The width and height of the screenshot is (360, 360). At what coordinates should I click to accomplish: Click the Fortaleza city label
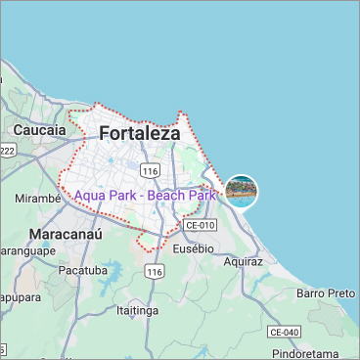pyautogui.click(x=140, y=133)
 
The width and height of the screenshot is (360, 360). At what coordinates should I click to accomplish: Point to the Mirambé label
pyautogui.click(x=39, y=198)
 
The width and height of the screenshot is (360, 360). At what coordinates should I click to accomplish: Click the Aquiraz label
pyautogui.click(x=243, y=262)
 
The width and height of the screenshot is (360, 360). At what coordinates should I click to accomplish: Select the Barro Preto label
pyautogui.click(x=326, y=292)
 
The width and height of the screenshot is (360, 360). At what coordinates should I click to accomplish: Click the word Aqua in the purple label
pyautogui.click(x=92, y=196)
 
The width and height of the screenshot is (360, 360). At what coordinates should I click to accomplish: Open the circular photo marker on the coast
pyautogui.click(x=241, y=190)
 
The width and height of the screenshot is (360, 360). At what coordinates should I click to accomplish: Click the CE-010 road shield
pyautogui.click(x=200, y=225)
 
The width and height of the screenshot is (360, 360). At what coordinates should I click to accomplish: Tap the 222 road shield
pyautogui.click(x=7, y=150)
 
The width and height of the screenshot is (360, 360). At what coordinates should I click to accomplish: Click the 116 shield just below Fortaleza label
pyautogui.click(x=150, y=171)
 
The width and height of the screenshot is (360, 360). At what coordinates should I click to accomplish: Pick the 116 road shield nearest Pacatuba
pyautogui.click(x=154, y=271)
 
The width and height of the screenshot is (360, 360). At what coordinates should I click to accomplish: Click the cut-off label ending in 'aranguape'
pyautogui.click(x=24, y=249)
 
